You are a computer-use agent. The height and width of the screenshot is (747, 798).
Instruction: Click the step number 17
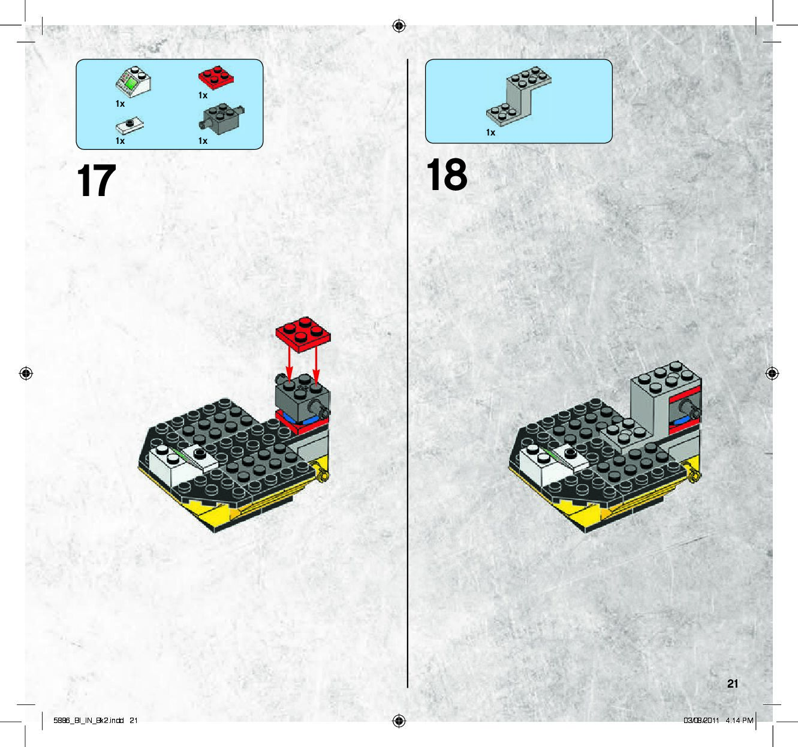point(97,181)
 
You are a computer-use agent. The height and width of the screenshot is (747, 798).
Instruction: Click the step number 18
point(447,174)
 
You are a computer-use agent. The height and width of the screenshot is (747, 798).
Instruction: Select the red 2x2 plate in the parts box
point(216,77)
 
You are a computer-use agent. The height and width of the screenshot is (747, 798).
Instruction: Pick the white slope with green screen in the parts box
point(134,80)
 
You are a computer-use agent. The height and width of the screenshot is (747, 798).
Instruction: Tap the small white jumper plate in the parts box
point(130,125)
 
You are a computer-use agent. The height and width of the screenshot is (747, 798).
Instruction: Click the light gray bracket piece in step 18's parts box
point(519,96)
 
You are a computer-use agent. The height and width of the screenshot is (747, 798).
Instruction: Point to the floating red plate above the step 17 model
point(303,334)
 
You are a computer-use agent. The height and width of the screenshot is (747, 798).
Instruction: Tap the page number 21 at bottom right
point(733,683)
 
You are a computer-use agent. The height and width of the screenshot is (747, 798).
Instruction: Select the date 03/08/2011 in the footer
point(701,721)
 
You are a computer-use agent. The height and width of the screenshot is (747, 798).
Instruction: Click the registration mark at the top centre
point(399,26)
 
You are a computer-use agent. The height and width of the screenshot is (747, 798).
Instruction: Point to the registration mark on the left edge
point(26,373)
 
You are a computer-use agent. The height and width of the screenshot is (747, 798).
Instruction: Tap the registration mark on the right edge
point(772,373)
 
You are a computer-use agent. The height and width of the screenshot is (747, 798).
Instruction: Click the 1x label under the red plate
point(203,95)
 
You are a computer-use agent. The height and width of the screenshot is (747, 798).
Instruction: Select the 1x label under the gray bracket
point(490,132)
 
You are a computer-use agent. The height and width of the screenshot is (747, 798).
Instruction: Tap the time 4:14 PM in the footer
point(739,721)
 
